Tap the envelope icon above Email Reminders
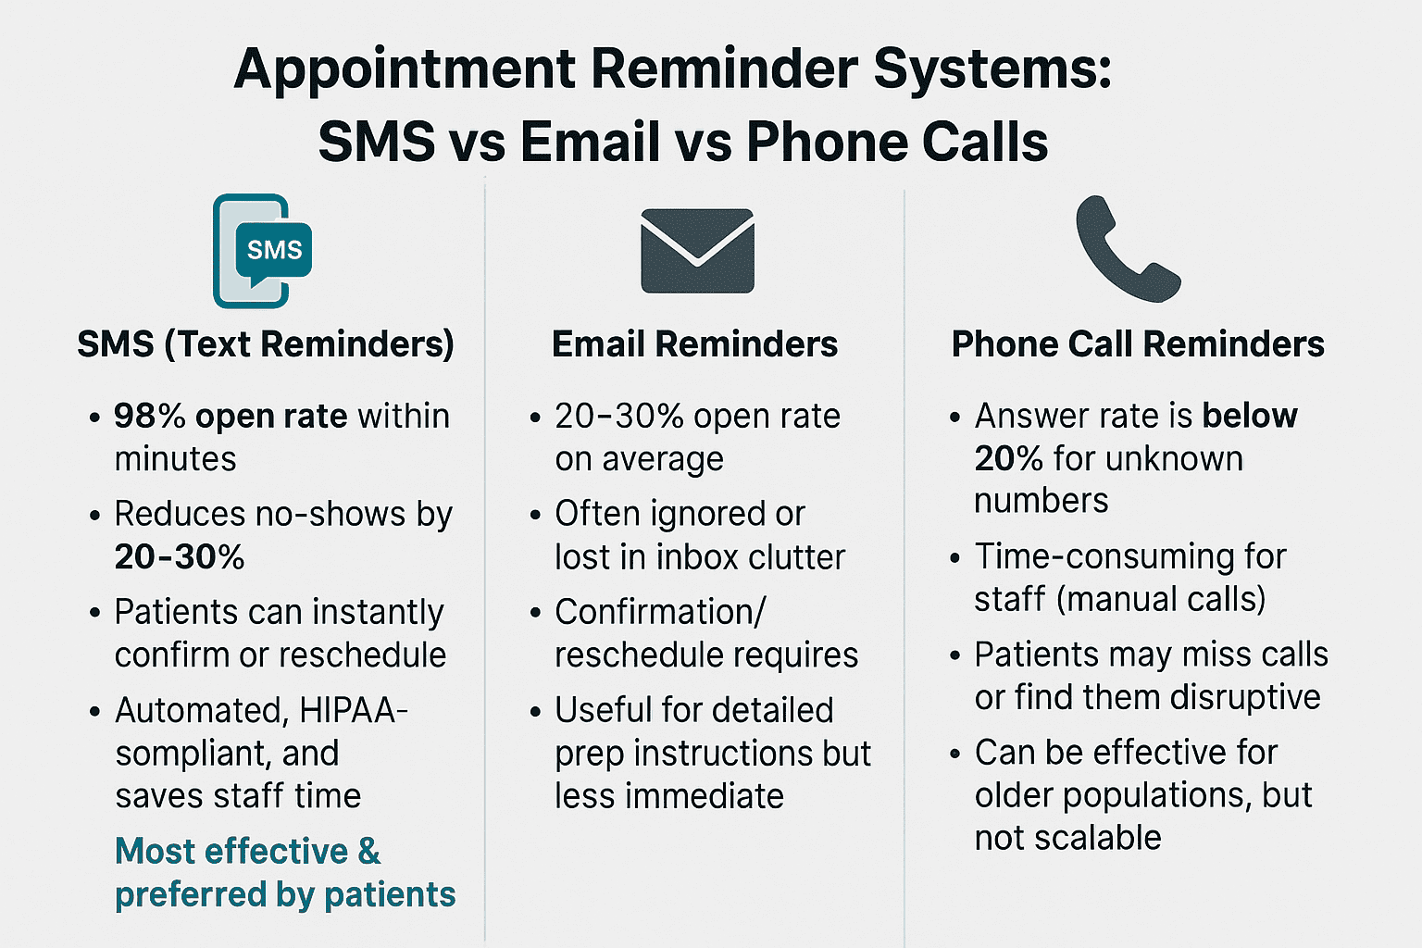pos(697,251)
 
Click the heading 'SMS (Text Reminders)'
pos(266,344)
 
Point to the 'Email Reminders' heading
pos(694,344)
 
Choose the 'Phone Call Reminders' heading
pos(1138,344)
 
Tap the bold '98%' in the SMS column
pos(150,417)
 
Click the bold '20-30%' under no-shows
pos(180,557)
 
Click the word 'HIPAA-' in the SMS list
pos(354,711)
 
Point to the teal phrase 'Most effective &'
pos(247,852)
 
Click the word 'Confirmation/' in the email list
pos(660,613)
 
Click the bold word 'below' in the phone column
pos(1250,417)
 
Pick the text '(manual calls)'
pos(1161,600)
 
